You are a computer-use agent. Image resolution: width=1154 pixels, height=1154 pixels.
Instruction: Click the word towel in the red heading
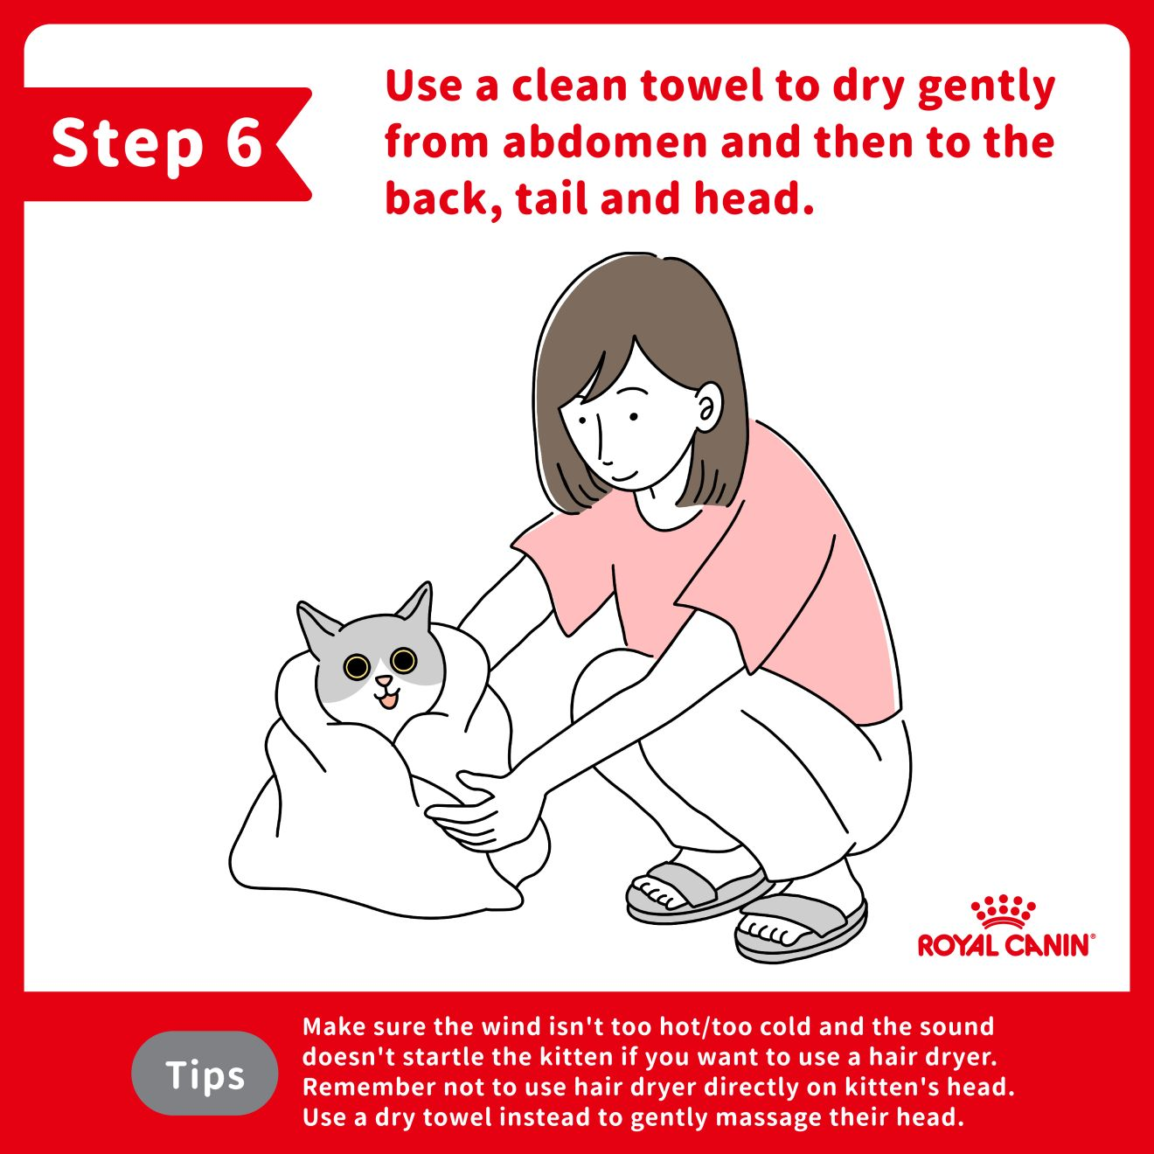tap(700, 85)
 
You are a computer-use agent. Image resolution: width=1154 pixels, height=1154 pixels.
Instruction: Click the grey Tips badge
tap(205, 1074)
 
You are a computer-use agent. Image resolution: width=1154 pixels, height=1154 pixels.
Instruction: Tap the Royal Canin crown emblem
tap(1004, 913)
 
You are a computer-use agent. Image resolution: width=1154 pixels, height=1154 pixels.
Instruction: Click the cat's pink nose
tap(384, 681)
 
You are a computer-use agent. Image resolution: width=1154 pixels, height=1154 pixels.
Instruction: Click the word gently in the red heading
tap(986, 88)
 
